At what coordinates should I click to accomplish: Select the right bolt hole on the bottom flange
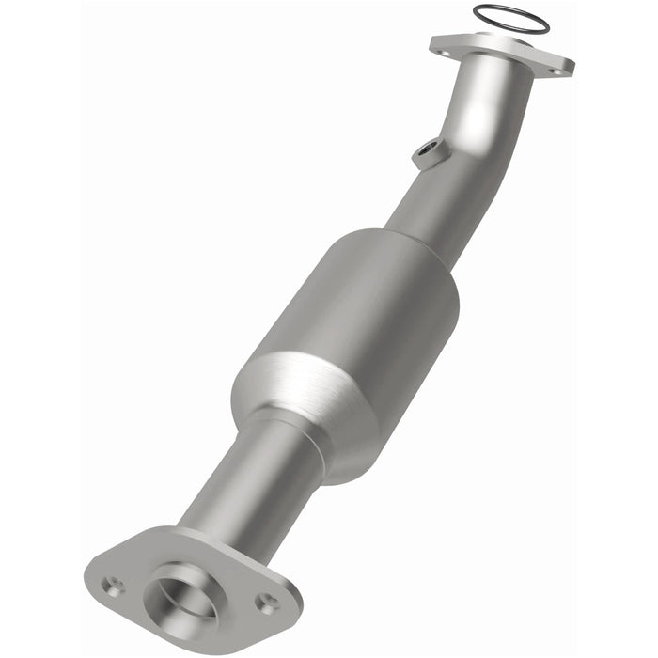(268, 602)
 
